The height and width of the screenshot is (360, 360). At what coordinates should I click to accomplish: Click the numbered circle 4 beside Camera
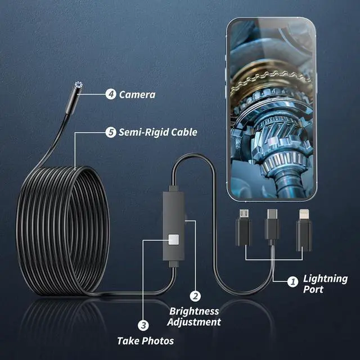click(x=110, y=94)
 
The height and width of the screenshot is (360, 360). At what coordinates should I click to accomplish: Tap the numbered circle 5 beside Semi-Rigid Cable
click(x=110, y=133)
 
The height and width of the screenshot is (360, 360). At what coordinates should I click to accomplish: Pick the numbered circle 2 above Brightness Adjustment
click(x=195, y=296)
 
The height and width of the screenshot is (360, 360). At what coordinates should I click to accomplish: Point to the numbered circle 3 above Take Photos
click(x=143, y=325)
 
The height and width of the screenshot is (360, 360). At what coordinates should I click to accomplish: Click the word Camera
click(x=137, y=94)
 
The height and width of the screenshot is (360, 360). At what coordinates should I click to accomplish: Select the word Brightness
click(x=195, y=311)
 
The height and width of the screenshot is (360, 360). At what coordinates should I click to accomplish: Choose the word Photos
click(x=158, y=340)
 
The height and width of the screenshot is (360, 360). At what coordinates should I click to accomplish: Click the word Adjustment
click(x=195, y=322)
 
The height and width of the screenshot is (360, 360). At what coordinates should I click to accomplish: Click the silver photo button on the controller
click(x=173, y=240)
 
